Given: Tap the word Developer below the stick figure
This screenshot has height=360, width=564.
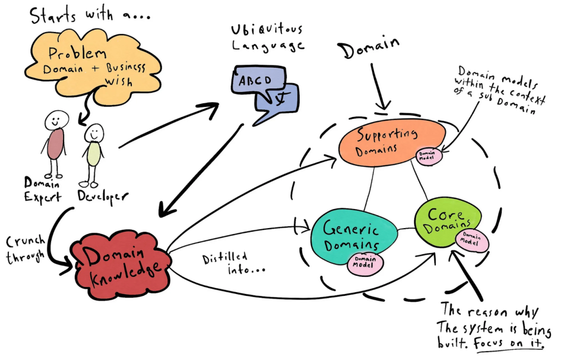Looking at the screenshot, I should (x=102, y=195).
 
